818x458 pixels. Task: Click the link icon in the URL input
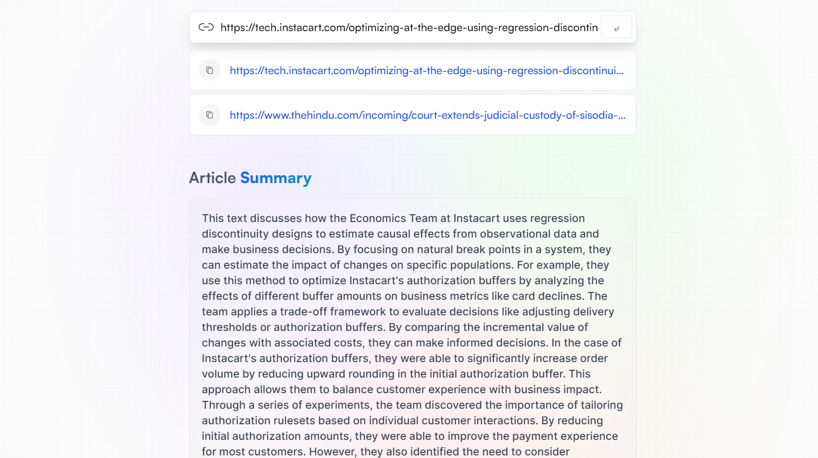tap(206, 27)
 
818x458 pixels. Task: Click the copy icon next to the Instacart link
tap(210, 71)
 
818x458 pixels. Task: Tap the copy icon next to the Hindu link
tap(210, 115)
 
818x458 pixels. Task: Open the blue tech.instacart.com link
tap(426, 71)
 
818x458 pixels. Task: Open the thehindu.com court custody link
tap(427, 115)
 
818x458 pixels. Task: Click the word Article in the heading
tap(212, 178)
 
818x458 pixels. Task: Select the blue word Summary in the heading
tap(276, 178)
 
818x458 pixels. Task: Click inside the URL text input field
tap(409, 27)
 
